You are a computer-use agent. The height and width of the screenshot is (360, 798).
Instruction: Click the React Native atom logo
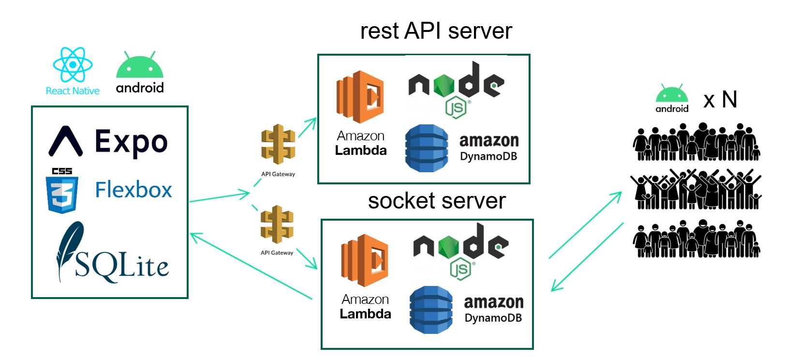(x=73, y=64)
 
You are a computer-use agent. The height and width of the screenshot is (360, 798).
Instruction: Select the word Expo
(x=131, y=142)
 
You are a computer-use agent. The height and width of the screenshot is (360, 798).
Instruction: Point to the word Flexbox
(x=133, y=190)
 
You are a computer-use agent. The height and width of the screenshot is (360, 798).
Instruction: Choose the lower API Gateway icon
(x=277, y=225)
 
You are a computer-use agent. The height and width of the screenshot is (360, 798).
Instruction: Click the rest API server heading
(x=436, y=31)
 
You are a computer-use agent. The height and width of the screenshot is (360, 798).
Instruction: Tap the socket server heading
(x=437, y=200)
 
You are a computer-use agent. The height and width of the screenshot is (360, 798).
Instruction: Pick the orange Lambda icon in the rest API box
(x=360, y=97)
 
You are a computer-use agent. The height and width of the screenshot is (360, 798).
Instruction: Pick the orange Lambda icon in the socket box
(x=365, y=260)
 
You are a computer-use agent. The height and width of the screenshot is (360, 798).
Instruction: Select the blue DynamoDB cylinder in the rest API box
(x=426, y=148)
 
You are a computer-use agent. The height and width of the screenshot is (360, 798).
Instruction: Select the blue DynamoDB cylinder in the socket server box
(x=431, y=310)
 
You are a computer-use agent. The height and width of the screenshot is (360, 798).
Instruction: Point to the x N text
(x=720, y=100)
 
